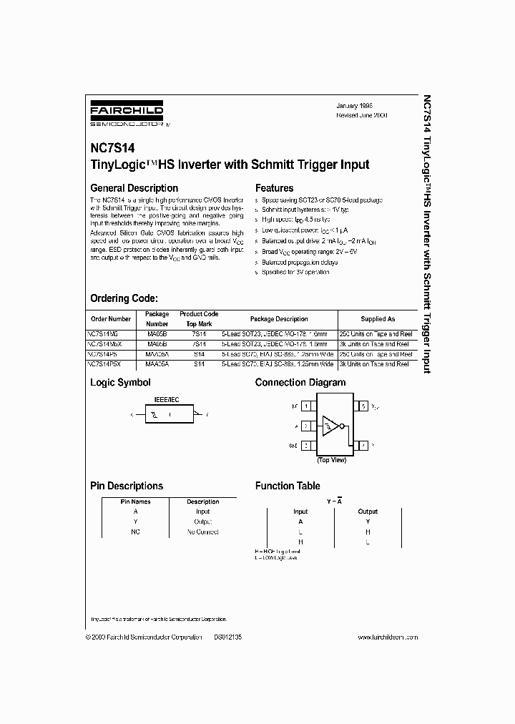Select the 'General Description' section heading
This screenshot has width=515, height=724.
134,188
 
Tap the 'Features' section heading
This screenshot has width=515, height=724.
275,188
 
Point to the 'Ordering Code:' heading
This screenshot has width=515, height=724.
124,298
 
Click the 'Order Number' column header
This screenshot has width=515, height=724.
111,319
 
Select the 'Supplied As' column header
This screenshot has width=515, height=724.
377,319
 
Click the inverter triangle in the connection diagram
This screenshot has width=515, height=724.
330,426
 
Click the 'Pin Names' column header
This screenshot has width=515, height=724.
136,502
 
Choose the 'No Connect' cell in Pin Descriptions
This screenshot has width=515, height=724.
202,532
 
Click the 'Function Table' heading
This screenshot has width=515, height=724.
288,486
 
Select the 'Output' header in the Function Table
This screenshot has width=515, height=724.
368,512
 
